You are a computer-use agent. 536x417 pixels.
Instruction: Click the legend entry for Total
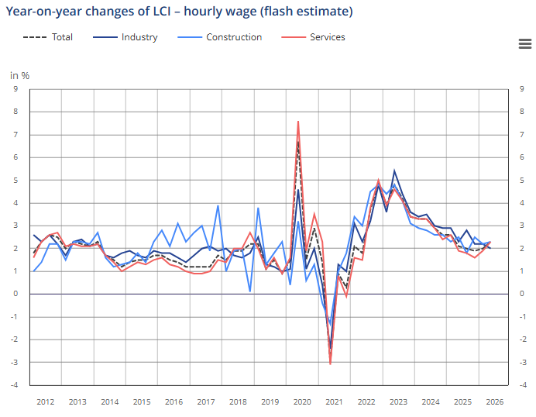(48, 37)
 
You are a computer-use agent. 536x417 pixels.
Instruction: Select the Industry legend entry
(125, 37)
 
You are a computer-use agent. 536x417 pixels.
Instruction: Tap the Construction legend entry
(220, 37)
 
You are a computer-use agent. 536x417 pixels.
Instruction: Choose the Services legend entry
(313, 37)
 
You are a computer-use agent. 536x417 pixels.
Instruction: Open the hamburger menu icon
(525, 43)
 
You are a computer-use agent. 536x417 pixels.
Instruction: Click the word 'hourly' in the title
(203, 12)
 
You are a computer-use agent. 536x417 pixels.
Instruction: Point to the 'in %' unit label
(20, 76)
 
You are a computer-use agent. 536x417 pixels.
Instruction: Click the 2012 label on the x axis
(46, 402)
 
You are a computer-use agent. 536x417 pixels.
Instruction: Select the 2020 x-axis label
(302, 402)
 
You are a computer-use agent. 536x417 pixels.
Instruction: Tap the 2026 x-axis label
(495, 402)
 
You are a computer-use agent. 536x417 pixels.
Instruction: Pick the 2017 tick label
(206, 402)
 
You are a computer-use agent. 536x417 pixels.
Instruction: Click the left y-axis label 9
(15, 89)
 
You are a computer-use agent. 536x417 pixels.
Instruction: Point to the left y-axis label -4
(14, 385)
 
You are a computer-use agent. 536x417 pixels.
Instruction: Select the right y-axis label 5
(521, 181)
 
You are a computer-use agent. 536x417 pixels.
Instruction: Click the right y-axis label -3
(523, 362)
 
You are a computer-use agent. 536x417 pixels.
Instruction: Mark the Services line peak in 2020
(298, 121)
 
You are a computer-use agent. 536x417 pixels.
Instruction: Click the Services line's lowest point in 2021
(331, 364)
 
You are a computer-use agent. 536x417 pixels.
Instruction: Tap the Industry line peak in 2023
(394, 171)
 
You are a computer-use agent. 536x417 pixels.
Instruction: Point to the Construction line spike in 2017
(218, 205)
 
